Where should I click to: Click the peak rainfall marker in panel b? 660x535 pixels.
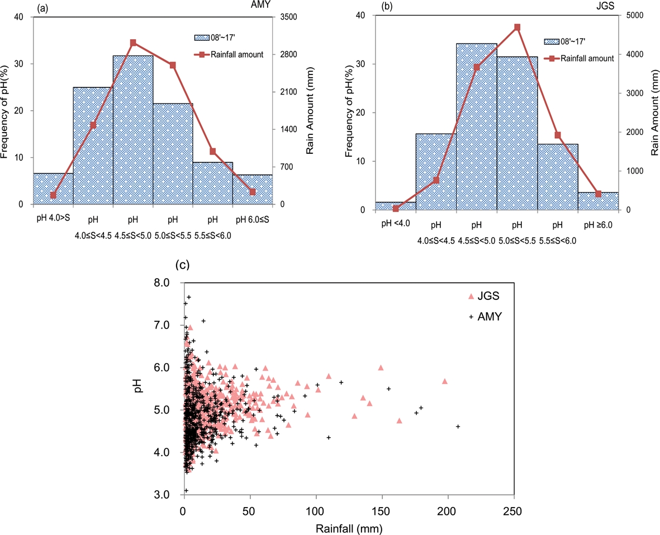point(517,27)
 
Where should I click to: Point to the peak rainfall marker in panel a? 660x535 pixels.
point(134,43)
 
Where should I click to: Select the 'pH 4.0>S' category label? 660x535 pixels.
point(53,219)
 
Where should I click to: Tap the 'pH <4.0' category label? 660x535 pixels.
point(396,225)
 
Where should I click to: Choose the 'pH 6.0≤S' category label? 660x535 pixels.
point(253,219)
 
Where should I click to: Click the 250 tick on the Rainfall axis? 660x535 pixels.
point(513,511)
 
